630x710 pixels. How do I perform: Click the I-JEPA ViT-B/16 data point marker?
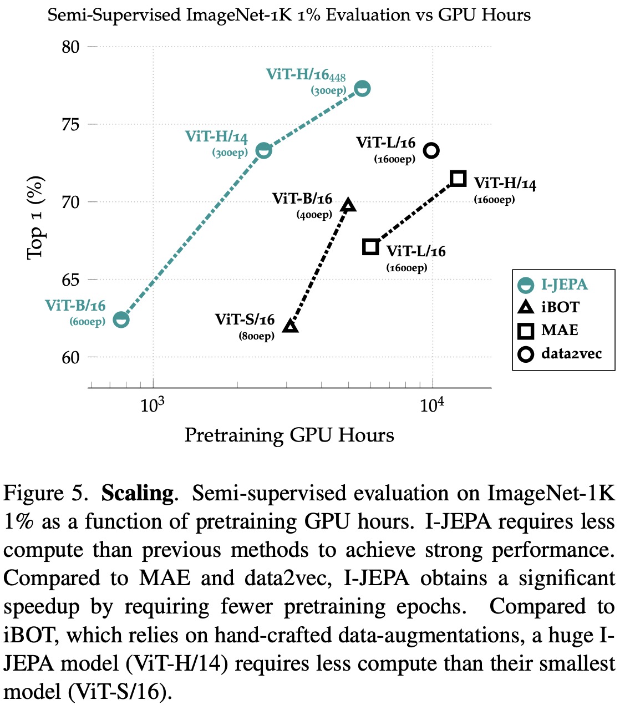coord(121,319)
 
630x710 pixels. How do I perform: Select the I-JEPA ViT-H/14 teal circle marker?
coord(264,150)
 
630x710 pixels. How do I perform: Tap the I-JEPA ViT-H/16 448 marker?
coord(362,89)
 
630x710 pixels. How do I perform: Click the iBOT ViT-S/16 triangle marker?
coord(291,326)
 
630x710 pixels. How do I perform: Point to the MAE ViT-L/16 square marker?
coord(370,247)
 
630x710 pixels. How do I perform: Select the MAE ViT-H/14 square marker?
coord(458,179)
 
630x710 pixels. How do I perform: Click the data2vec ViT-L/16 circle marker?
coord(431,150)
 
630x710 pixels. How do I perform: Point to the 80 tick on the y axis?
coord(70,47)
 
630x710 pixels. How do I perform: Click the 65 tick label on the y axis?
coord(70,280)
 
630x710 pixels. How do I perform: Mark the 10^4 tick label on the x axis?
coord(432,405)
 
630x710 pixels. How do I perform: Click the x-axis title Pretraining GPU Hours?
coord(289,435)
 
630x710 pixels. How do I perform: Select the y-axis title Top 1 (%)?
coord(35,217)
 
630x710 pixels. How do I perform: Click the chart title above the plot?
coord(289,15)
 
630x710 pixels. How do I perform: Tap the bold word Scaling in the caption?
coord(138,493)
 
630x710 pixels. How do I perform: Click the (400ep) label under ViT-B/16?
coord(314,215)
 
